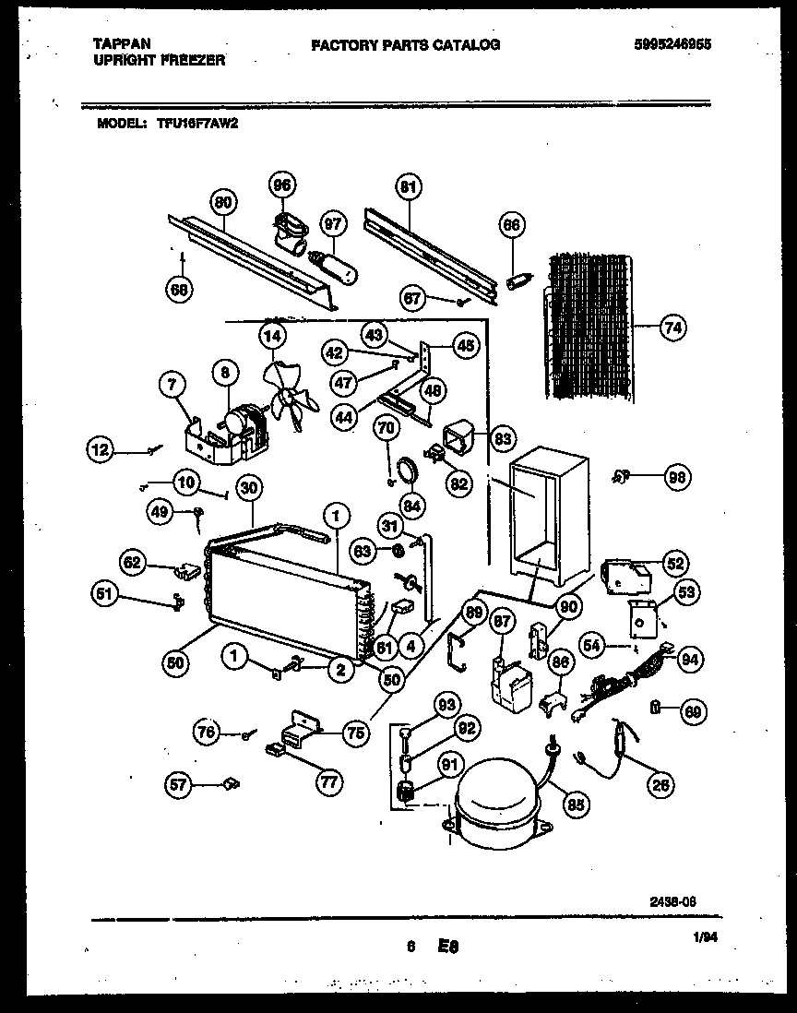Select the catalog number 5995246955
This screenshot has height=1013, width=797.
(672, 44)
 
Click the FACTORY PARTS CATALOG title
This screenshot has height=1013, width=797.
(406, 44)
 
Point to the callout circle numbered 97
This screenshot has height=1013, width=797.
(331, 224)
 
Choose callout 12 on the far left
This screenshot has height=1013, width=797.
(103, 450)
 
